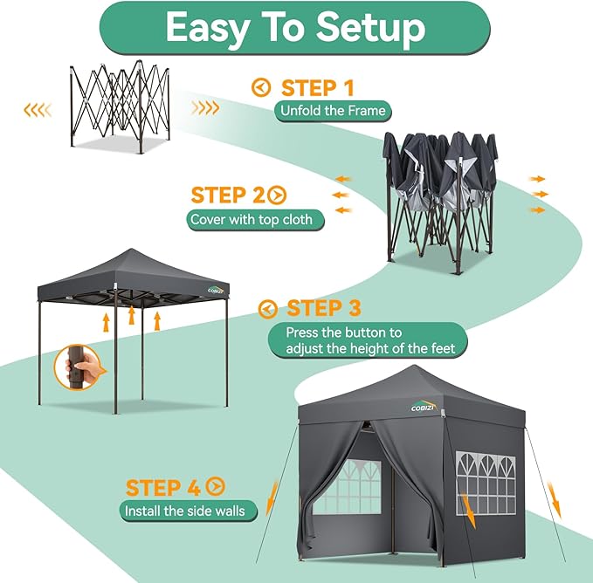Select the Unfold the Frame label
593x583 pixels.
tap(333, 111)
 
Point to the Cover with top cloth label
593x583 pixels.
tap(255, 219)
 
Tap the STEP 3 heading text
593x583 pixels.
tap(324, 309)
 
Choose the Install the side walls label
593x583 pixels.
tap(184, 511)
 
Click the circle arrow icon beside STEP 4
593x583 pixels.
tap(216, 487)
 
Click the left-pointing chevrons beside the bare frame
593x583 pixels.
tap(36, 110)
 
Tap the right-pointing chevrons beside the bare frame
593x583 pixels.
tap(205, 108)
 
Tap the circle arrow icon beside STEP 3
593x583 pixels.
tap(269, 309)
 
